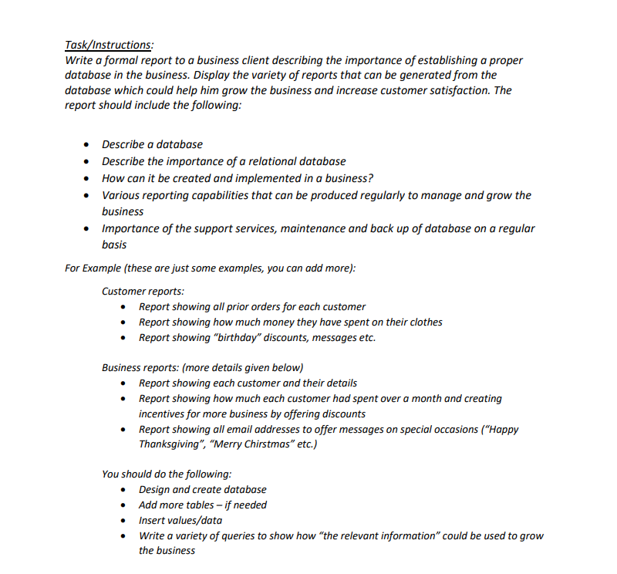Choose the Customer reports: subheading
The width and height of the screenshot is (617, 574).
[x=143, y=291]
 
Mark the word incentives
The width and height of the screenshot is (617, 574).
[x=164, y=414]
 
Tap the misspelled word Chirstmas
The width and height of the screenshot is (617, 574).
[x=269, y=444]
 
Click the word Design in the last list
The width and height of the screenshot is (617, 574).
[x=153, y=490]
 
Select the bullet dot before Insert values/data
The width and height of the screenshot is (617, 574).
[x=124, y=521]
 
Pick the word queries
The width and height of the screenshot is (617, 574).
[x=231, y=535]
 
